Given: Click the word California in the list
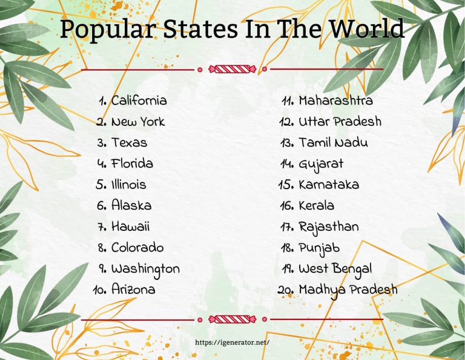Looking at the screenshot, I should coord(139,101).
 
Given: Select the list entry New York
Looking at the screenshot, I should coord(137,122).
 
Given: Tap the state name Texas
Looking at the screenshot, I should coord(129,143).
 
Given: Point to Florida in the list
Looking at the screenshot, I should coord(132,164).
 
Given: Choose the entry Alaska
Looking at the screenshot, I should coord(131,205).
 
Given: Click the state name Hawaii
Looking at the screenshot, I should coord(130,227).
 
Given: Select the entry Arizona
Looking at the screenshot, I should coord(133,290).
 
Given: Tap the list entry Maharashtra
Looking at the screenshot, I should coord(335,101).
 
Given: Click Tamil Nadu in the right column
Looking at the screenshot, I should coord(333,143).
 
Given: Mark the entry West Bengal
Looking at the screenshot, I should coord(335,268).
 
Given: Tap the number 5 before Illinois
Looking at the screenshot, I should coord(101,185).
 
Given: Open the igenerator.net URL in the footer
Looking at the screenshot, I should coord(232,342).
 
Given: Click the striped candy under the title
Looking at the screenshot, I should coord(232,68).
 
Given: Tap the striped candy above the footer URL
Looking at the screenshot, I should coord(232,319).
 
